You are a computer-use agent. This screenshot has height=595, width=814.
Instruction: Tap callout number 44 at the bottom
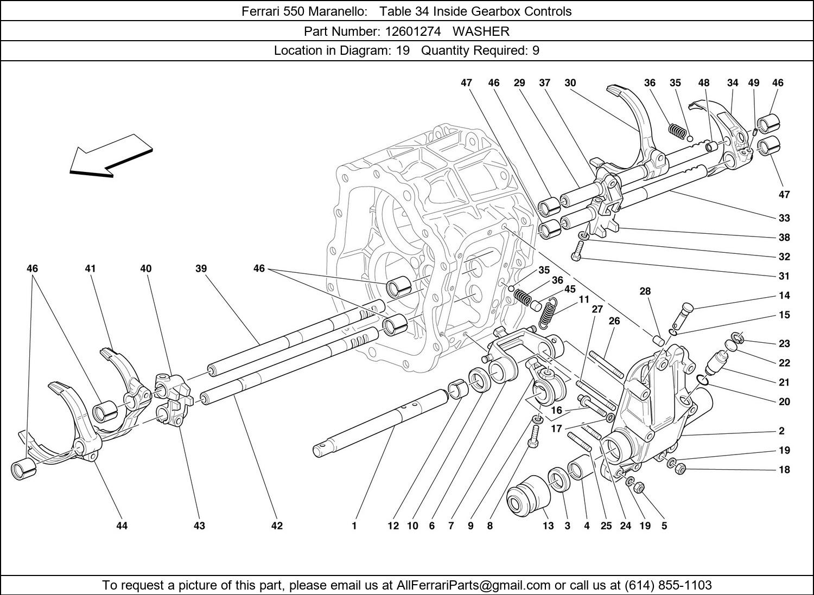click(122, 526)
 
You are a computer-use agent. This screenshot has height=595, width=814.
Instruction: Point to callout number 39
click(201, 268)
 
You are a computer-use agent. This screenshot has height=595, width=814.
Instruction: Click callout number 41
click(90, 268)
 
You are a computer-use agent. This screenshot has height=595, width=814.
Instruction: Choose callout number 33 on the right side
click(784, 218)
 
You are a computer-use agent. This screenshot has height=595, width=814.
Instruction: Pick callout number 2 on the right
click(781, 431)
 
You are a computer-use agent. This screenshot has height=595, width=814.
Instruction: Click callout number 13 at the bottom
click(548, 526)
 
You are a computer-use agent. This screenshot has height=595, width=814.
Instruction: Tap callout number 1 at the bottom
click(354, 526)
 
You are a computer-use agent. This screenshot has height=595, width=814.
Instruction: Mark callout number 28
click(645, 291)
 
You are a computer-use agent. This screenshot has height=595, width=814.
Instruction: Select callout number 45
click(570, 289)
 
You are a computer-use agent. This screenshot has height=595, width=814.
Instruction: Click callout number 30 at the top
click(570, 83)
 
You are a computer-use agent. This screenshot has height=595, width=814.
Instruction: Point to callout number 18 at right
click(784, 470)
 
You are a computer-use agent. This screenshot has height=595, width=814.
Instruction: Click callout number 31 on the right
click(784, 276)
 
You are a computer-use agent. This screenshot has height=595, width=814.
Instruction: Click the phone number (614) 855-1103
click(668, 585)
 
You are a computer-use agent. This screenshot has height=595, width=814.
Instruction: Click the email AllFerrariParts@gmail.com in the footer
click(474, 585)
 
